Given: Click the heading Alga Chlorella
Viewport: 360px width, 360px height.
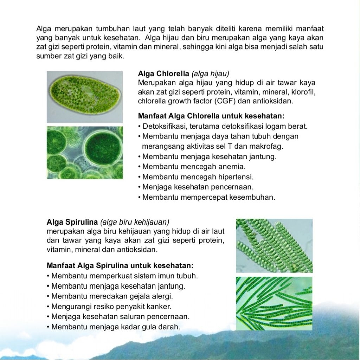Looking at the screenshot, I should pos(163,74).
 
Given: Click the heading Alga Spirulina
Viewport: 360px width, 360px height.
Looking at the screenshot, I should pos(72,222).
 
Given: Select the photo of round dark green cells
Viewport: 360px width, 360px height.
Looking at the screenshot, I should pos(84,152).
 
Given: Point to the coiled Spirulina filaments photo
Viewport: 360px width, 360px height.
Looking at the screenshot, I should pos(274,245).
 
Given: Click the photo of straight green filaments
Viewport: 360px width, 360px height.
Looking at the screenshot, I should pos(274,303).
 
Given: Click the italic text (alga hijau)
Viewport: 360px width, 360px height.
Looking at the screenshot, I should pos(210,74).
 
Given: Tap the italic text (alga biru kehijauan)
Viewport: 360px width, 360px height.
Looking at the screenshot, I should pos(135,222).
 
